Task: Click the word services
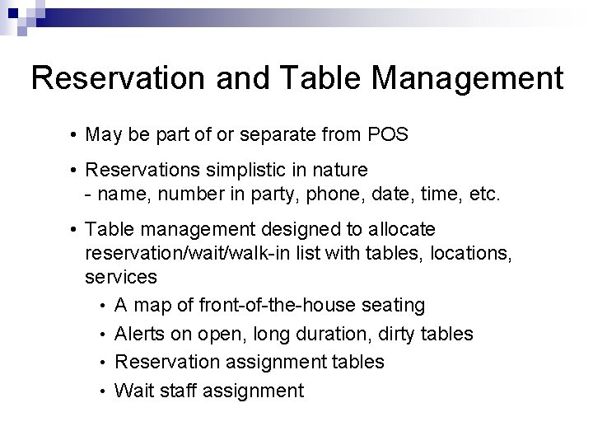coord(120,277)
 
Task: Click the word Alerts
coord(141,334)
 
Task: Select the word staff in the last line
coord(178,390)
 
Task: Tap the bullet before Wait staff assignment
coord(104,391)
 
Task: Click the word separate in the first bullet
coord(268,133)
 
